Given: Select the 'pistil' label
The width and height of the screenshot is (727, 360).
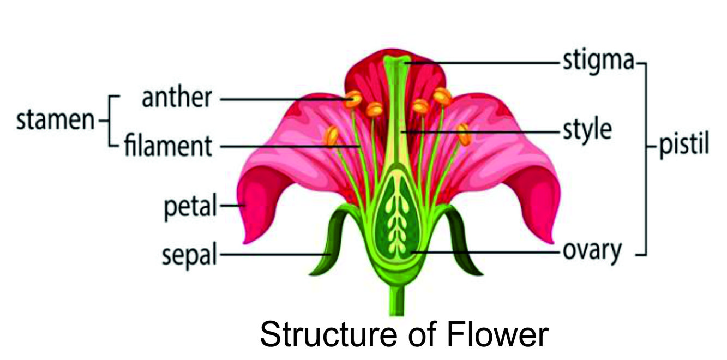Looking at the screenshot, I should coord(684,146).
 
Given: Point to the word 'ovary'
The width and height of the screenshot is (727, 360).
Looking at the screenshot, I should coord(592,251).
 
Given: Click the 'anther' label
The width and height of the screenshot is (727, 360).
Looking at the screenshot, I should coord(176,99).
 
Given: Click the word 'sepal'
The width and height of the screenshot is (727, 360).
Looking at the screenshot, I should coord(189,254).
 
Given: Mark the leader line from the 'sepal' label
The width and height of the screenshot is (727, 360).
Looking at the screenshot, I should coord(273,254).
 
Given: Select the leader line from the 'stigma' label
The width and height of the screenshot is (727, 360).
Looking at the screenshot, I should coord(485,63).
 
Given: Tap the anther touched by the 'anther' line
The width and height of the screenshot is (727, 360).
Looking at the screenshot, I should coord(353,99).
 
